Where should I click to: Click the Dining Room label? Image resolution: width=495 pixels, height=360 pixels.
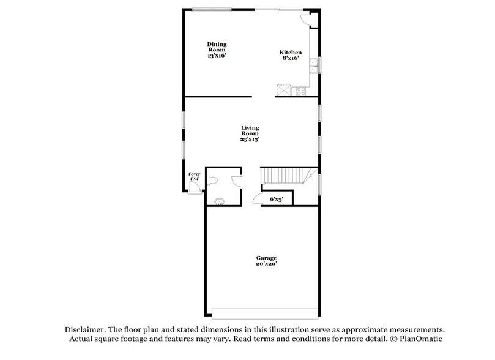tap(217, 50)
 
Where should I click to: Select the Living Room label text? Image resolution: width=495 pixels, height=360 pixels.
tap(250, 133)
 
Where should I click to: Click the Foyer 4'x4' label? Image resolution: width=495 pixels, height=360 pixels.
tap(194, 178)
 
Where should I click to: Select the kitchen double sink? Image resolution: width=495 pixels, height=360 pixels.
tap(313, 66)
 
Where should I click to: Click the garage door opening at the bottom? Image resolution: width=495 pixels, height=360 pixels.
tap(265, 310)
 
